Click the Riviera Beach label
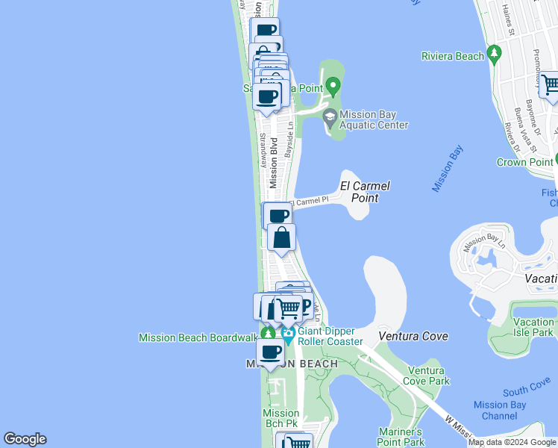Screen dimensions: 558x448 tap(453, 56)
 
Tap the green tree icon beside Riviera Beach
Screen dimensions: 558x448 tap(494, 53)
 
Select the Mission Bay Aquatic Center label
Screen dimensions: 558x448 tap(373, 119)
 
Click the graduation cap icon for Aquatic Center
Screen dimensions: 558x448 tap(330, 116)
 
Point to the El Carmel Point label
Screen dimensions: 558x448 tap(365, 192)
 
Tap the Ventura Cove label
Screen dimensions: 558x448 tap(413, 336)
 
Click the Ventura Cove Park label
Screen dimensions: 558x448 tap(428, 376)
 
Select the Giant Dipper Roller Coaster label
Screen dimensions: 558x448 tap(330, 336)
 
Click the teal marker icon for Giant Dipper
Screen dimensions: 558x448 tap(288, 338)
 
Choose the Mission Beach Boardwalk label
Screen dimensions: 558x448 tap(198, 337)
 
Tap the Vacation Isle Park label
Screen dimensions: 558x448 tap(533, 326)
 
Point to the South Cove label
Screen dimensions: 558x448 tap(527, 391)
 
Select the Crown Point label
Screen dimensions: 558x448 tap(525, 161)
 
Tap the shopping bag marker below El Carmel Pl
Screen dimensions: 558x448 tap(281, 238)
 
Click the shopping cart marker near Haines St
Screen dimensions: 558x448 tap(550, 85)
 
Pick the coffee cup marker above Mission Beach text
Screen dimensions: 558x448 tap(269, 352)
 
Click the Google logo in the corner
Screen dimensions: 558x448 tap(25, 439)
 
